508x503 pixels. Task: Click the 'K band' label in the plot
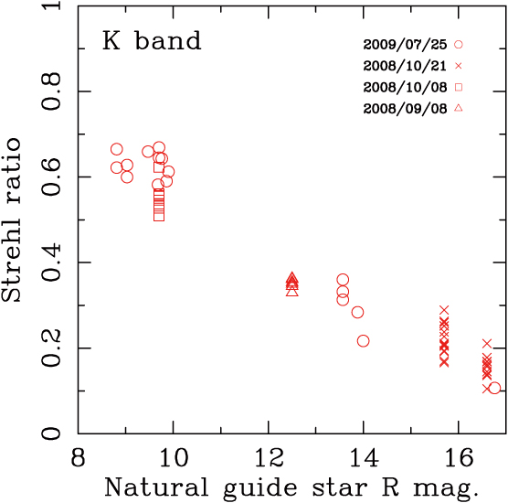(151, 42)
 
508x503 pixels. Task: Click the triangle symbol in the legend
(460, 109)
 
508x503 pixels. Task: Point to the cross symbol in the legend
(460, 65)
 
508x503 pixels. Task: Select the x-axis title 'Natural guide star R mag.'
(291, 487)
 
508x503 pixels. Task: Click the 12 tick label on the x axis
(268, 455)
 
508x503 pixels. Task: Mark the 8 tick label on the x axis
(79, 455)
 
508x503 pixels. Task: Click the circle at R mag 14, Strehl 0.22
(364, 340)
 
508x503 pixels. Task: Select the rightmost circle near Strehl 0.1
(494, 388)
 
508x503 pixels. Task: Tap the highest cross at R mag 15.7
(444, 311)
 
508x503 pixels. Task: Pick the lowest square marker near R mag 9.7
(159, 216)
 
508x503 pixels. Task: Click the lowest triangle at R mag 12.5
(291, 290)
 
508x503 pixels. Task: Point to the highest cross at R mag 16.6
(487, 343)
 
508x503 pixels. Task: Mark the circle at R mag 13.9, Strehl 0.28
(357, 312)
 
